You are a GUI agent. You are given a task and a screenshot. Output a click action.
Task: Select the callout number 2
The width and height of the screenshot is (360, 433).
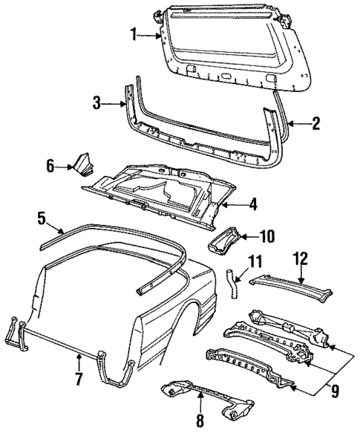click(x=316, y=124)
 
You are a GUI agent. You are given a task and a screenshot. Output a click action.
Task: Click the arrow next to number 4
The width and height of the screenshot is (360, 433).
click(x=233, y=203)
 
